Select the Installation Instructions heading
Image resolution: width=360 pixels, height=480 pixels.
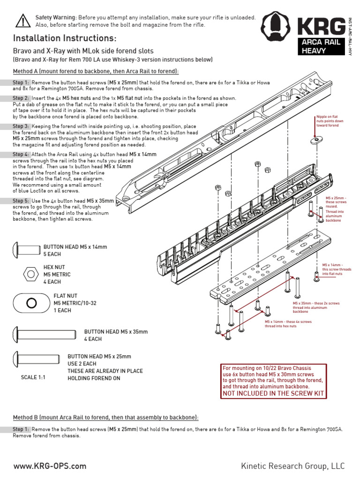(x=65, y=38)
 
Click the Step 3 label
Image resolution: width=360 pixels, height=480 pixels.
(x=21, y=127)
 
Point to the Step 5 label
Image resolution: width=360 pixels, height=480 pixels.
(x=21, y=201)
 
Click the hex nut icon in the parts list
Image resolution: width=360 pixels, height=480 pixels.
(x=30, y=273)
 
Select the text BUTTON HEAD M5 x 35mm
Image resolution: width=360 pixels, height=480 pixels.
(x=116, y=332)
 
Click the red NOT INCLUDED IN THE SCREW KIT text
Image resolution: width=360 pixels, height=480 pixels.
(x=273, y=393)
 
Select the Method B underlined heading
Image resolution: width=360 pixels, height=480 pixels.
(x=105, y=417)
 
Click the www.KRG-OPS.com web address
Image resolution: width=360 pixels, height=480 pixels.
(x=50, y=466)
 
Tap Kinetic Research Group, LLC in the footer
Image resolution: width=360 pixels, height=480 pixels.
(x=292, y=466)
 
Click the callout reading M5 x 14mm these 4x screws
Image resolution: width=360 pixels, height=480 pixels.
(x=288, y=324)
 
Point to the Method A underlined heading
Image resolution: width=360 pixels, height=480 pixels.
(x=96, y=71)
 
